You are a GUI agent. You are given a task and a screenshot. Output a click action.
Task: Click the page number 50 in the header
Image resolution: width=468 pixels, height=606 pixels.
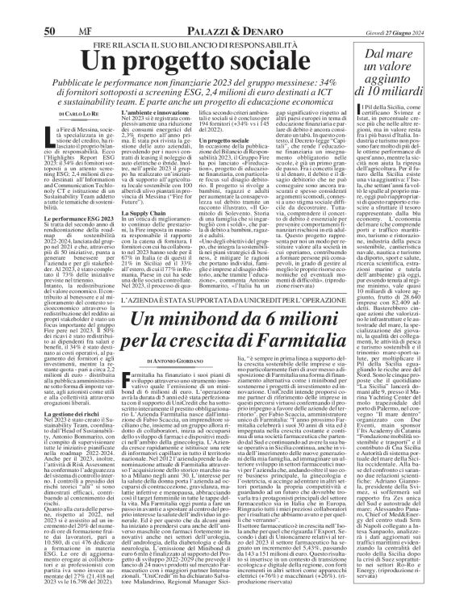49,9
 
